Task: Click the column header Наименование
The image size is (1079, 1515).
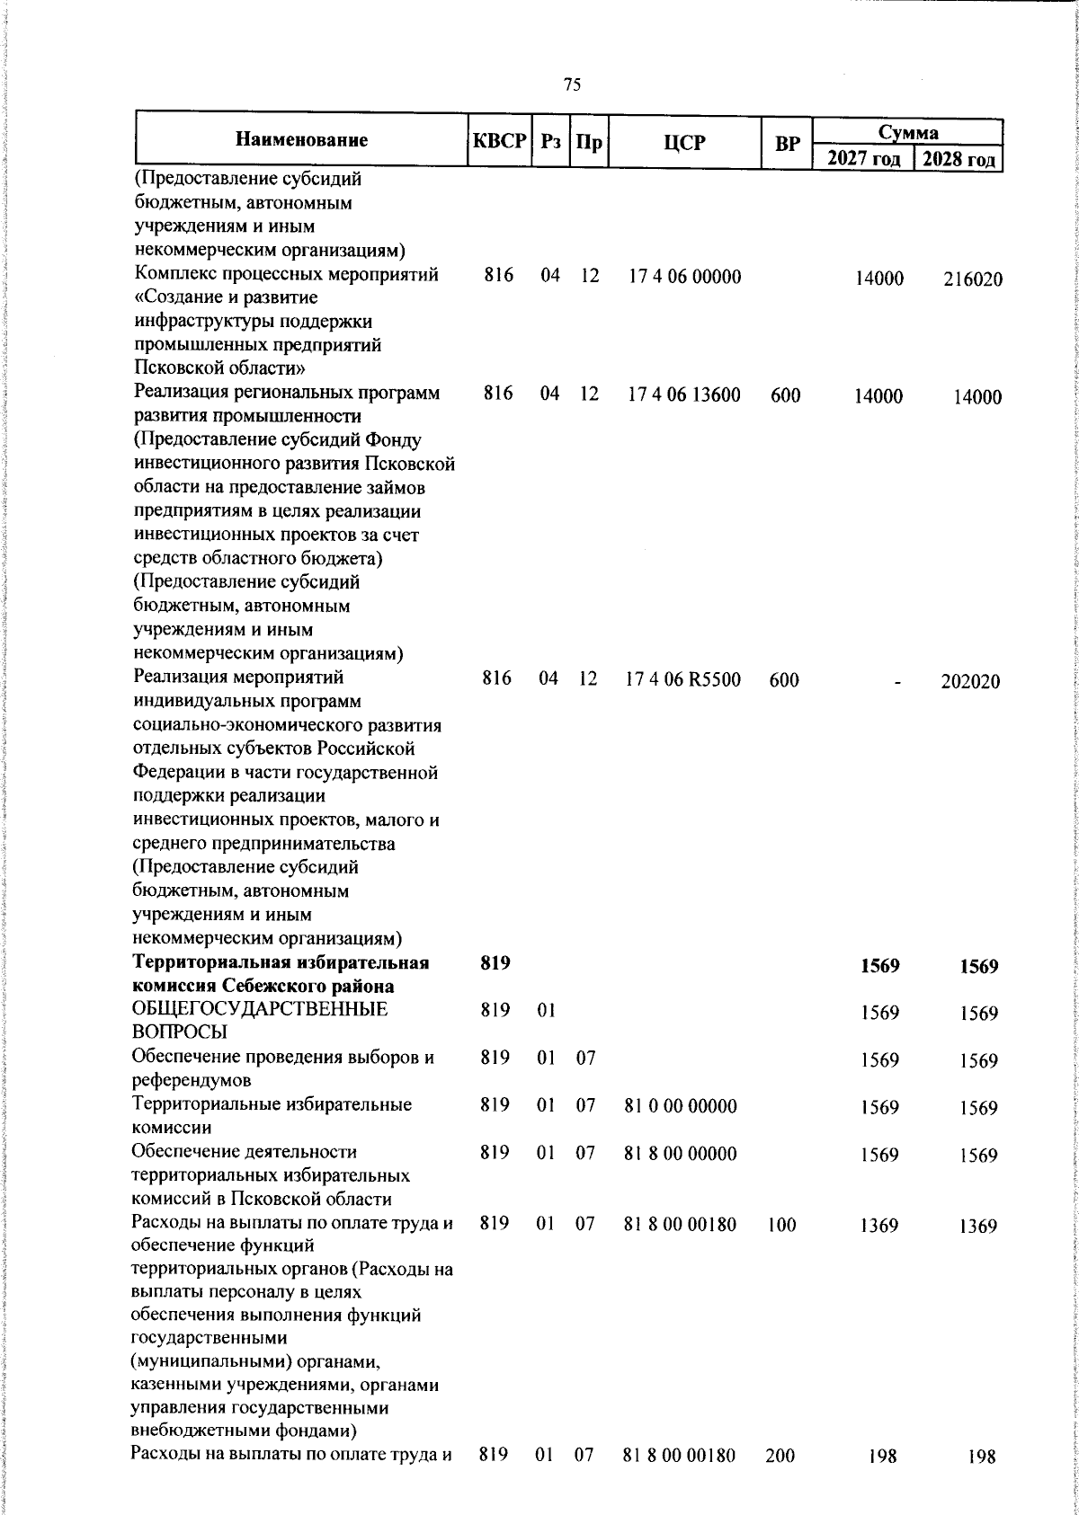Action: tap(302, 140)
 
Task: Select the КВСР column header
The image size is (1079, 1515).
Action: tap(499, 141)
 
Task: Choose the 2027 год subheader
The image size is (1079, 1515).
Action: tap(862, 161)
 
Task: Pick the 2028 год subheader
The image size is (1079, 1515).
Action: tap(958, 161)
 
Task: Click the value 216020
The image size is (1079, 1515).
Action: tap(972, 279)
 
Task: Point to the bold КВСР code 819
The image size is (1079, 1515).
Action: tap(495, 963)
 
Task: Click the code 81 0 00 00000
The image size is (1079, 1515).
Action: tap(681, 1105)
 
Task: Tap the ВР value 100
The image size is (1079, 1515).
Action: tap(781, 1224)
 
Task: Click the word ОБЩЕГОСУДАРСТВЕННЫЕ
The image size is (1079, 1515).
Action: tap(260, 1009)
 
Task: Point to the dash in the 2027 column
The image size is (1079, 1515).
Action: tap(896, 682)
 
